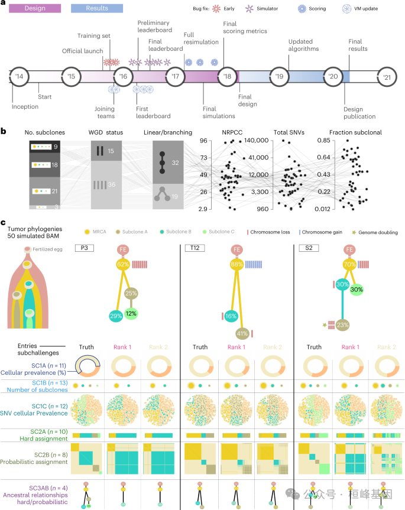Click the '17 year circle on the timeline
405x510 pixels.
pos(176,77)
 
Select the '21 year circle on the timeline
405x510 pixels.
pos(387,77)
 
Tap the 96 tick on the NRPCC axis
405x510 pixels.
pos(203,141)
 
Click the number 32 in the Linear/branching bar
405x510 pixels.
pos(174,161)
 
